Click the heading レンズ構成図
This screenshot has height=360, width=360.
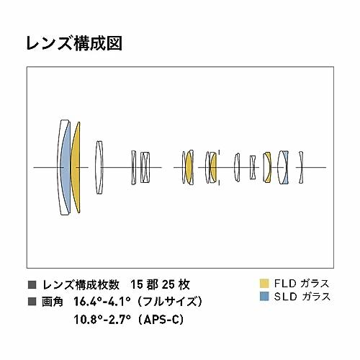(x=74, y=43)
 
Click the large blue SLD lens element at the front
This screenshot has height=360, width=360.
(x=65, y=167)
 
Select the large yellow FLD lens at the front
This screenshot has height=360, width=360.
(x=75, y=167)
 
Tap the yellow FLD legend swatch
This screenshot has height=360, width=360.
(x=264, y=283)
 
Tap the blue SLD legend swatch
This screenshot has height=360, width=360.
(x=264, y=296)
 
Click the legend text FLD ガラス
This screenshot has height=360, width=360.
(x=302, y=284)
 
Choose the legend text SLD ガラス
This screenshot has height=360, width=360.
(x=302, y=297)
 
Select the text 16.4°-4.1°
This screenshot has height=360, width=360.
(x=102, y=302)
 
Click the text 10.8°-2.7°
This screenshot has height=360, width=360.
(x=102, y=320)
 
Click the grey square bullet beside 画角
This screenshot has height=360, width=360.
(x=32, y=302)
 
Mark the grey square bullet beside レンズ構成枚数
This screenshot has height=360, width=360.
(x=32, y=284)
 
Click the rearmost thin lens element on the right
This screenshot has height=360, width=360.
(x=301, y=167)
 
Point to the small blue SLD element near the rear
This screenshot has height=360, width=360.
(x=285, y=167)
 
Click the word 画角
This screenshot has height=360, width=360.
(x=53, y=302)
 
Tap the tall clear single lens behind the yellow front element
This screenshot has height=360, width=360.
(x=99, y=167)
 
